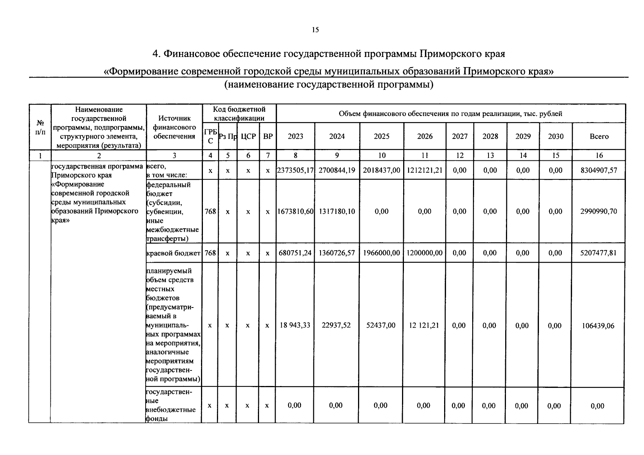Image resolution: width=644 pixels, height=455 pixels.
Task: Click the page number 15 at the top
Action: coord(316,30)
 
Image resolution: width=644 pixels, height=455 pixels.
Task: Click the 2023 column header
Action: coord(295,136)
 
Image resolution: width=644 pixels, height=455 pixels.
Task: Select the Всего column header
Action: coord(599,136)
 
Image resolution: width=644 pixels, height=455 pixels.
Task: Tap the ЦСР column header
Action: coord(248,136)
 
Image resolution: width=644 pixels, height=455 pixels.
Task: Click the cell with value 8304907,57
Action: coord(599,171)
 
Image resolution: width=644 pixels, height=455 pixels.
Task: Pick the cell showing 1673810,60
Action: coord(295,211)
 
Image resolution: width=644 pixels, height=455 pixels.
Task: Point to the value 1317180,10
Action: coord(337,211)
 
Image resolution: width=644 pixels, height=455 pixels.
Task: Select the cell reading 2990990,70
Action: coord(599,211)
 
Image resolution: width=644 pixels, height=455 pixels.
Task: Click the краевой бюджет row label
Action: coord(173,253)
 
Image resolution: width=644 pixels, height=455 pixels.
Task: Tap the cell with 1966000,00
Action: coord(382,253)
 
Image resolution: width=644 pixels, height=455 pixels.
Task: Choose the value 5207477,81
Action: coord(599,253)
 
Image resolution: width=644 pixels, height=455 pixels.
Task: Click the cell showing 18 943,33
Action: coord(295,325)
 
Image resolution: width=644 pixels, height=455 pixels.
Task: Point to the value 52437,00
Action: coord(381,325)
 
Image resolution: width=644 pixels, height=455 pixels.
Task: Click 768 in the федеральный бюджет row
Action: coord(210,211)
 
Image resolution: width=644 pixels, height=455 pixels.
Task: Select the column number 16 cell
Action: coord(599,155)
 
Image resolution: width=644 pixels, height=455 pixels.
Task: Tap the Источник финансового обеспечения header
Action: coord(174,127)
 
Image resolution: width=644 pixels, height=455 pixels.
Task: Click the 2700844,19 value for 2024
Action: coord(337,171)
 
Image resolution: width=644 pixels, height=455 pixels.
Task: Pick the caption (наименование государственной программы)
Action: coord(328,85)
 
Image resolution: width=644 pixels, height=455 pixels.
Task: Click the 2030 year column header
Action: coord(556,136)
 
